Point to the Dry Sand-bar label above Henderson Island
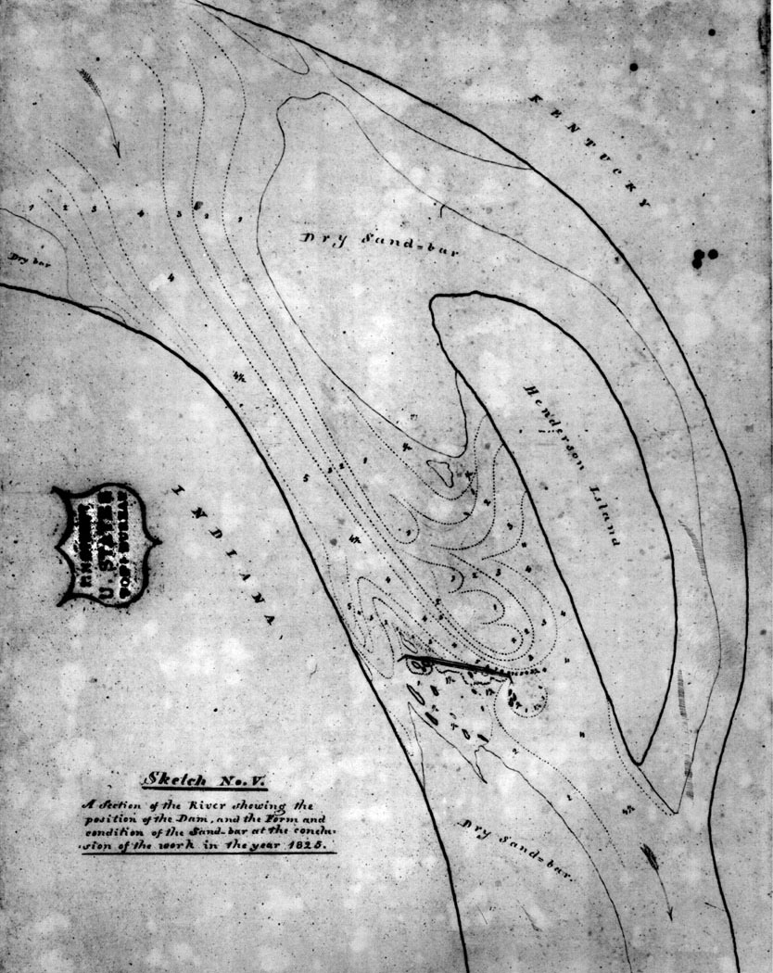(x=365, y=244)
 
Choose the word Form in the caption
(x=276, y=817)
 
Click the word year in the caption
(x=273, y=845)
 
